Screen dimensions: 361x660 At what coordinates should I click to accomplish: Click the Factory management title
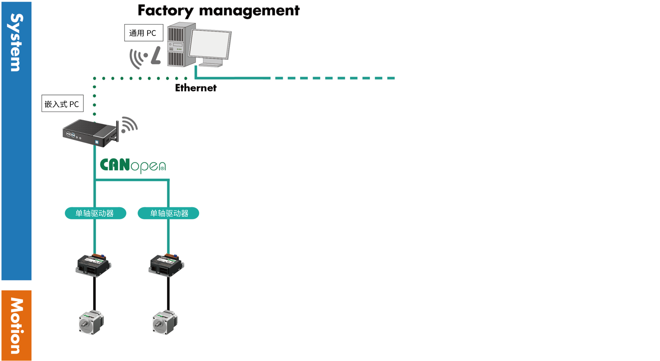click(x=219, y=11)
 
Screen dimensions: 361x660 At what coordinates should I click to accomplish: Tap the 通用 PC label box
click(x=143, y=33)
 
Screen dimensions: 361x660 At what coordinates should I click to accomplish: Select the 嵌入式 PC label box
click(x=62, y=103)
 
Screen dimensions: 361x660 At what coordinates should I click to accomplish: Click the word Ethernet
click(x=196, y=88)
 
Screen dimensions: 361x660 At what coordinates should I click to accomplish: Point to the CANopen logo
click(x=133, y=165)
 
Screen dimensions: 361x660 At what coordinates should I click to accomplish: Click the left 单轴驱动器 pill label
click(x=95, y=213)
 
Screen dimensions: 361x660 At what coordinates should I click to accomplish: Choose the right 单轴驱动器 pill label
click(x=168, y=213)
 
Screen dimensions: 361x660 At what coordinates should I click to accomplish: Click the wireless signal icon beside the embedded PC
click(x=129, y=125)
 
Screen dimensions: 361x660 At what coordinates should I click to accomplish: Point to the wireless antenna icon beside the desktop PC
click(x=145, y=57)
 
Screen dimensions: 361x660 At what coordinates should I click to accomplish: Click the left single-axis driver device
click(x=93, y=265)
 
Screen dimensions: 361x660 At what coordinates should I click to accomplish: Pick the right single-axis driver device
click(x=166, y=265)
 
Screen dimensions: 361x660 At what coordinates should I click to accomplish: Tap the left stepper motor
click(x=91, y=322)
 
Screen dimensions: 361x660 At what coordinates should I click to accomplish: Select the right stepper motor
click(x=165, y=322)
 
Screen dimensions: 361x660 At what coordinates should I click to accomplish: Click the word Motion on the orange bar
click(x=16, y=326)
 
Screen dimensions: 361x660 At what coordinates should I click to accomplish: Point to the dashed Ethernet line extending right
click(x=334, y=78)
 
